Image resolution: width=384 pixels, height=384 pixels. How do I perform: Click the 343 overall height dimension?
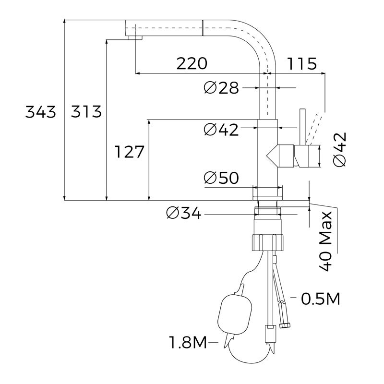[x=41, y=112]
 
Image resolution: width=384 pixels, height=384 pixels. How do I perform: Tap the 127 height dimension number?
[x=130, y=152]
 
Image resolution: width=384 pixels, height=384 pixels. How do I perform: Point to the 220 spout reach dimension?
[x=192, y=63]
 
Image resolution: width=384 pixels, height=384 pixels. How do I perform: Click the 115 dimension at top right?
[x=302, y=63]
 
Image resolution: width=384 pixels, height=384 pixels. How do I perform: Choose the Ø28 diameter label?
[x=221, y=88]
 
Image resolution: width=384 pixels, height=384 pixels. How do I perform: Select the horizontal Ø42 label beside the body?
[x=221, y=129]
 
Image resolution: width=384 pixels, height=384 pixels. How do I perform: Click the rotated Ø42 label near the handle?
[x=339, y=150]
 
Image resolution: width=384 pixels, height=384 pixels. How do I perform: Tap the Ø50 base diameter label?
[x=221, y=178]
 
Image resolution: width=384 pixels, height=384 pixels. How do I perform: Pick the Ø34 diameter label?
[x=184, y=213]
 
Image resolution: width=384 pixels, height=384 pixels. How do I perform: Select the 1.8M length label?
[x=187, y=343]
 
